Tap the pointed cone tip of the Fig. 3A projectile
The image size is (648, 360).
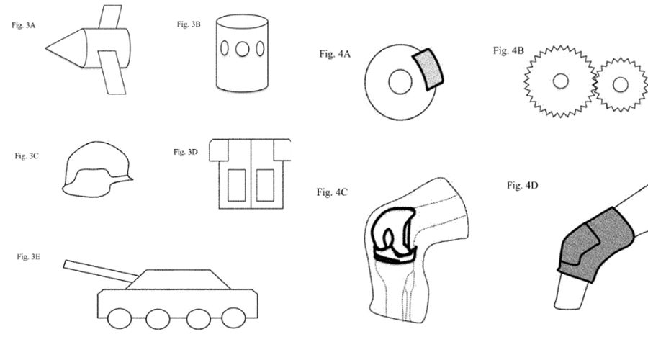[x=48, y=48]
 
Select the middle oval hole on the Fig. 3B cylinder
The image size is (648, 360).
[x=243, y=49]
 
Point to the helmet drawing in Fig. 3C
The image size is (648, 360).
[x=96, y=170]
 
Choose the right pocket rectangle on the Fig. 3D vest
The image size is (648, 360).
[x=265, y=185]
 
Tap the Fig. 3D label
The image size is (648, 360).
[x=186, y=152]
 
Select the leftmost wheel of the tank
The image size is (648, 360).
[x=120, y=318]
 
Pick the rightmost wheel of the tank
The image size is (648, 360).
[x=233, y=318]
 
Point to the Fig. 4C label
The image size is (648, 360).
[x=332, y=192]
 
